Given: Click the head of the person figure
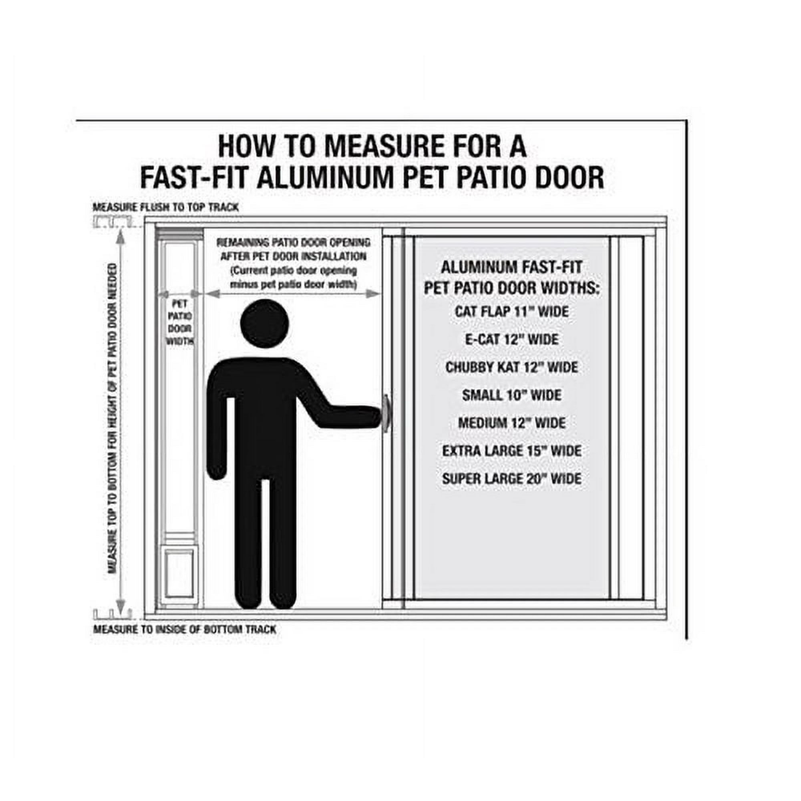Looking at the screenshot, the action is point(265,324).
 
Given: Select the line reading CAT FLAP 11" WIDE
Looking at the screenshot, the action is point(511,311).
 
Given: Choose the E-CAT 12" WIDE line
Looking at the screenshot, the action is point(511,339).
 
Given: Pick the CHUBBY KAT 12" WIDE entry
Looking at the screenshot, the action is point(511,367).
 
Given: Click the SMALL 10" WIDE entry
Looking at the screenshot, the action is point(511,395).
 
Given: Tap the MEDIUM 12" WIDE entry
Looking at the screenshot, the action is point(511,423).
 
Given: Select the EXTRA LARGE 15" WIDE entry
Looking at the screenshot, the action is point(511,451).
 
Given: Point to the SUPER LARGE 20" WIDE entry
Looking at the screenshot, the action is point(511,479).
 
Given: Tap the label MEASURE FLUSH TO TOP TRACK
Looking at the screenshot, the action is point(165,207).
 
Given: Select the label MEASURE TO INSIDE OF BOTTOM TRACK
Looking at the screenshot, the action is point(185,629).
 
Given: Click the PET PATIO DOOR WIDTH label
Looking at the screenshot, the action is point(180,322).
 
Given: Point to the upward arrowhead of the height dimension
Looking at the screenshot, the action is point(120,235).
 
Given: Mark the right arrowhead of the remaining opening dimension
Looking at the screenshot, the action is point(373,294).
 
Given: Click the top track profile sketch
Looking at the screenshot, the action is point(113,221).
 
